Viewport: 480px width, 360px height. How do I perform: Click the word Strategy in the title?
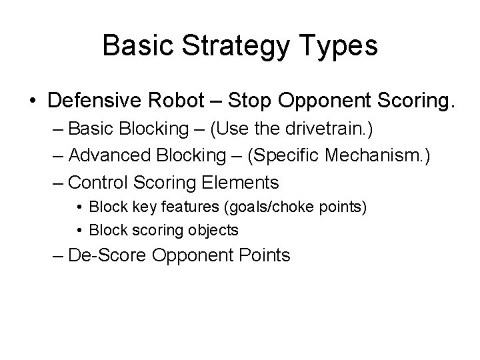221,47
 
